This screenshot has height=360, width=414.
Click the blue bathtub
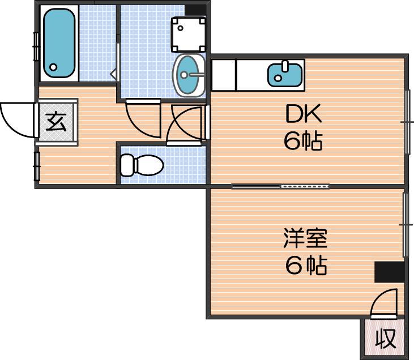tap(59, 43)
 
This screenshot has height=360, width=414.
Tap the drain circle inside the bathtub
tap(54, 67)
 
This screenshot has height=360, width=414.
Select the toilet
tap(142, 165)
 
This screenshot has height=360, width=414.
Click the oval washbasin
tap(189, 75)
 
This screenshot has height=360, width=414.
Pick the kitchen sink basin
tap(285, 75)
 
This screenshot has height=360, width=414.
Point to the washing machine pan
tap(189, 35)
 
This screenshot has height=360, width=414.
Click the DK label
tap(304, 113)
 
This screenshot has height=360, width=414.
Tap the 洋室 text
tap(305, 238)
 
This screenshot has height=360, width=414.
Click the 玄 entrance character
tap(56, 122)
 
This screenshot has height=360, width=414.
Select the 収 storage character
tap(386, 338)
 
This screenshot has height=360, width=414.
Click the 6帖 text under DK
tap(303, 140)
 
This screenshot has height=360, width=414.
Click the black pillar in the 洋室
tap(390, 272)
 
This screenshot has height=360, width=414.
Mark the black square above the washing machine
tap(195, 10)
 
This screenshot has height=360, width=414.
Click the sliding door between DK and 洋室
tap(280, 186)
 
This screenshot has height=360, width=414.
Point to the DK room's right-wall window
tap(408, 122)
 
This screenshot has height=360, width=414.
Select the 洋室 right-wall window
tap(406, 225)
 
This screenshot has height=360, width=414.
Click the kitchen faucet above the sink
tap(285, 66)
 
